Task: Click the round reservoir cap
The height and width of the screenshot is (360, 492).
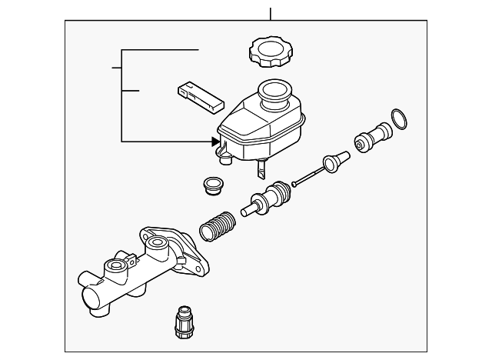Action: [x=268, y=52]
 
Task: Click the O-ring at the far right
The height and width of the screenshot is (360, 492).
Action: [x=399, y=120]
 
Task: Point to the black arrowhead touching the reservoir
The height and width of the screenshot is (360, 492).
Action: [x=215, y=141]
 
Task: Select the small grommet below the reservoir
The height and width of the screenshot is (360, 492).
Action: [x=209, y=187]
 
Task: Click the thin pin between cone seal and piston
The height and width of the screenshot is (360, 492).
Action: [x=307, y=176]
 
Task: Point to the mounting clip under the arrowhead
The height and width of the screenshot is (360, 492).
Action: [x=224, y=157]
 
